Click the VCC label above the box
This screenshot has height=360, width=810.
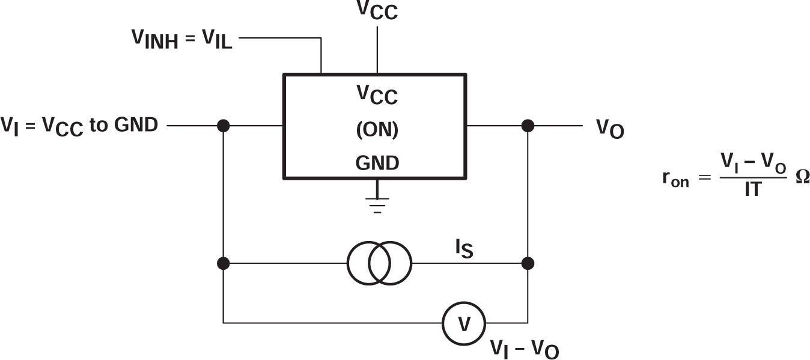377,11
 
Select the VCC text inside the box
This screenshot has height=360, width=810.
377,95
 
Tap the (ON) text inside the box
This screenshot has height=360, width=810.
377,130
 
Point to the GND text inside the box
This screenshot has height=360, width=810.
377,162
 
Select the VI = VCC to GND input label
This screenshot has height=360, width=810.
80,126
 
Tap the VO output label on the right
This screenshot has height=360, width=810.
610,129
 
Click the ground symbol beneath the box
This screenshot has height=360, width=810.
377,204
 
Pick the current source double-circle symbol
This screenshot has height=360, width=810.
379,263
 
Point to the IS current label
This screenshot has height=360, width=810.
464,249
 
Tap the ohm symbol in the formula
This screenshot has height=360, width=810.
802,178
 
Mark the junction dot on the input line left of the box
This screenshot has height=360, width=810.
224,126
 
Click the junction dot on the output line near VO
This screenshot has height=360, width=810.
528,126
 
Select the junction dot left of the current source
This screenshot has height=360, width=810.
224,263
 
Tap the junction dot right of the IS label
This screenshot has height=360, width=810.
528,263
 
